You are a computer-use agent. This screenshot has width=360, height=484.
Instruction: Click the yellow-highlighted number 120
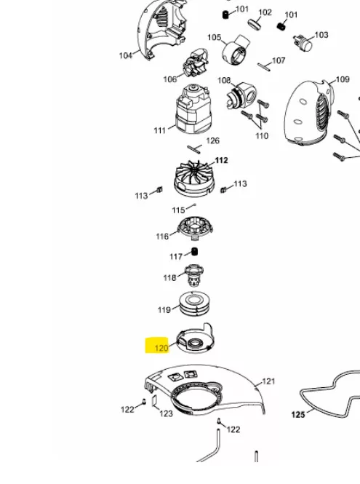161,348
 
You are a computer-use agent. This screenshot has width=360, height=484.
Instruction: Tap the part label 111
160,130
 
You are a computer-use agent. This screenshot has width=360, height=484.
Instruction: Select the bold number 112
221,161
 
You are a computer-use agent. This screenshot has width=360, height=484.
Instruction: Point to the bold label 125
298,415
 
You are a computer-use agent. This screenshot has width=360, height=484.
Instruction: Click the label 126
212,140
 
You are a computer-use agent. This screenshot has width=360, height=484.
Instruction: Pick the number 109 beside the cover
343,79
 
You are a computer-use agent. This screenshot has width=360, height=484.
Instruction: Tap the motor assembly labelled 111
193,109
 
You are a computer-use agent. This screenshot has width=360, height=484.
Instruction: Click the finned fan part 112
194,178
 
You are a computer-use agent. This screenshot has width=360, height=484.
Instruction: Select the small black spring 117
194,252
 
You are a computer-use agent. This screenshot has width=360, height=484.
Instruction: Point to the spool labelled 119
195,304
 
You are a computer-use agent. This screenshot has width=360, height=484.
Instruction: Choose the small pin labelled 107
264,67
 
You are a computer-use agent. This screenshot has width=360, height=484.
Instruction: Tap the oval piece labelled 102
255,24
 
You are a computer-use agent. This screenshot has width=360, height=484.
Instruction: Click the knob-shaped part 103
303,44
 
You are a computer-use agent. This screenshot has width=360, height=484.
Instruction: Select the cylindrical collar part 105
236,50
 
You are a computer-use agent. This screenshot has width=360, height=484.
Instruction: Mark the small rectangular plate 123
155,401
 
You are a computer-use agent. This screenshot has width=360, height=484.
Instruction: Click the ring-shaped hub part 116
195,229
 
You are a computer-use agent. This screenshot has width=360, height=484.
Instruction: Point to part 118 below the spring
194,274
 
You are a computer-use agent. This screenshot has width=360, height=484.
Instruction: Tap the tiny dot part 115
194,205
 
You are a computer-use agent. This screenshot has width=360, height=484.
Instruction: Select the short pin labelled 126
193,149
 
